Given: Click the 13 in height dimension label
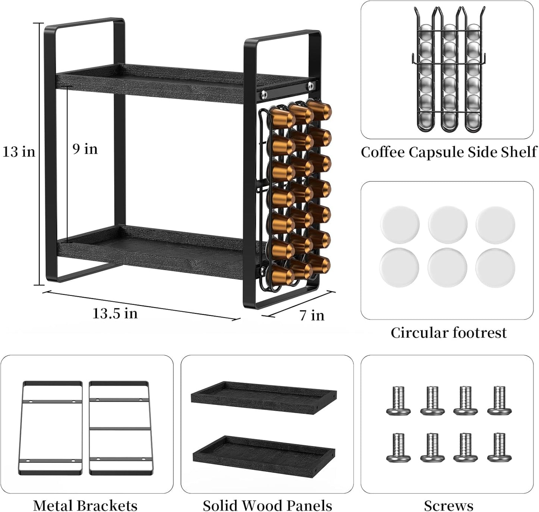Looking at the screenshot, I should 19,152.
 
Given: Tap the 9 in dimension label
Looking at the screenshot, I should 85,149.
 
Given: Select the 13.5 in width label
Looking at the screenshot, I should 115,313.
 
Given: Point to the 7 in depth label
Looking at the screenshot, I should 312,315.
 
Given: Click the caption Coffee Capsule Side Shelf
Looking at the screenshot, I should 448,152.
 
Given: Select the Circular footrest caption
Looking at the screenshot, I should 448,333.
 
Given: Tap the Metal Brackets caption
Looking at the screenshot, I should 85,505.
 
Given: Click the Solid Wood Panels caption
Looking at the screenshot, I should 267,505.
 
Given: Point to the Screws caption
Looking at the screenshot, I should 448,505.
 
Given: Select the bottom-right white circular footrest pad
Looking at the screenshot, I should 495,267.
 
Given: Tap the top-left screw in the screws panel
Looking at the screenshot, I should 398,401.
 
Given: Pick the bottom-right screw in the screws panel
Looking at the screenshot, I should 499,447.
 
